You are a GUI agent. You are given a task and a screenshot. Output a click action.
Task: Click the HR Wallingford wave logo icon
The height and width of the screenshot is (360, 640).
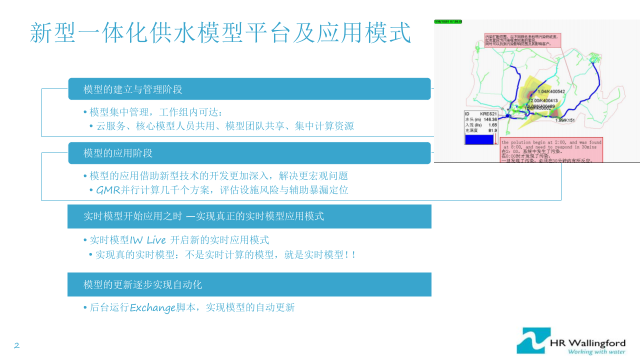(x=533, y=340)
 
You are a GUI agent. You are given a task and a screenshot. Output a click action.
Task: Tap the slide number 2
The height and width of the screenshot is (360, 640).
(x=16, y=345)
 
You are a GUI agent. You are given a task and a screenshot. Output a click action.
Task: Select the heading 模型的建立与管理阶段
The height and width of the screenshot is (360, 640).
(x=132, y=89)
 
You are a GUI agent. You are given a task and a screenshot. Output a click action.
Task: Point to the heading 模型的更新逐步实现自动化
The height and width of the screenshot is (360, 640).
(x=142, y=285)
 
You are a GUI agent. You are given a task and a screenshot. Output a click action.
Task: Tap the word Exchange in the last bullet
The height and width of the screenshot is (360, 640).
(x=152, y=308)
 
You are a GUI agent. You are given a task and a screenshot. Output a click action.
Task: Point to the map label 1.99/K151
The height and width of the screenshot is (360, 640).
(x=564, y=120)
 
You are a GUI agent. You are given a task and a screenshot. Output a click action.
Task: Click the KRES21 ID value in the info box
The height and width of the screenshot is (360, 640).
(x=488, y=114)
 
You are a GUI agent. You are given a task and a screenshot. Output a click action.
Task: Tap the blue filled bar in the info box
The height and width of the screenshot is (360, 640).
(x=479, y=139)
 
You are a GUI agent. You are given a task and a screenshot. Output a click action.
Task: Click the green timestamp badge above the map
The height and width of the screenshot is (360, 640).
(x=448, y=22)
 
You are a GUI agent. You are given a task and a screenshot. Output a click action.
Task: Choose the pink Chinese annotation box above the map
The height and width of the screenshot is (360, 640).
(x=522, y=40)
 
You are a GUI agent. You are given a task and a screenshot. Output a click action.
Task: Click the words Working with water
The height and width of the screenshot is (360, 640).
(x=596, y=351)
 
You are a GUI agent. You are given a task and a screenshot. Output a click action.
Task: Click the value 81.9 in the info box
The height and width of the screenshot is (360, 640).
(x=492, y=130)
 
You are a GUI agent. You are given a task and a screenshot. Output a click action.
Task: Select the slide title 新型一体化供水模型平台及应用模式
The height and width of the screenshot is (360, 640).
(x=220, y=33)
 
